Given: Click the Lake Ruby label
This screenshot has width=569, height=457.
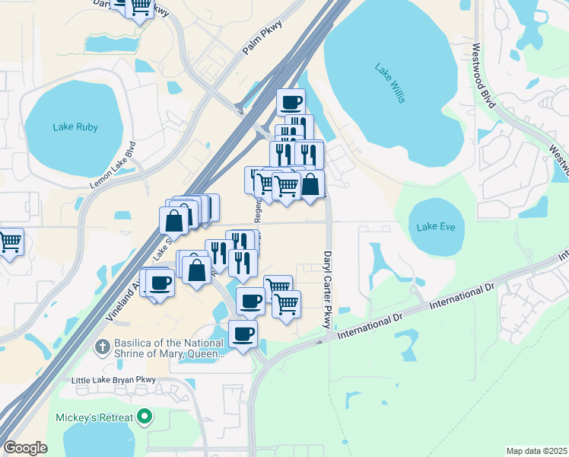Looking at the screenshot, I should [76, 127].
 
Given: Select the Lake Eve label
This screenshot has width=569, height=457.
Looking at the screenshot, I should [436, 226].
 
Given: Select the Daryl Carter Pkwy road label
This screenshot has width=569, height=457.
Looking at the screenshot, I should [329, 289].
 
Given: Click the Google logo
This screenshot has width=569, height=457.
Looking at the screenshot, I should [25, 448].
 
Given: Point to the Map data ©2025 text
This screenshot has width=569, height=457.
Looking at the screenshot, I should [536, 451].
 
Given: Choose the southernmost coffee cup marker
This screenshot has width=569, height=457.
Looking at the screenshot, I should [243, 333].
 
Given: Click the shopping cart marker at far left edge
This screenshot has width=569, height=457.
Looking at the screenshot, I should [9, 242].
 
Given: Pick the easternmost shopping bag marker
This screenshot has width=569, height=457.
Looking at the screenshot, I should [310, 184].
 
